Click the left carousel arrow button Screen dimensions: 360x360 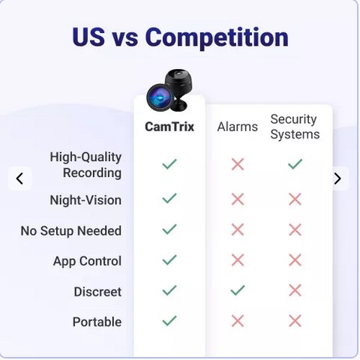pyautogui.click(x=20, y=178)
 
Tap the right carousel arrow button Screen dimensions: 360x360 pyautogui.click(x=337, y=178)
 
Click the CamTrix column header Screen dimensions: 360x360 pyautogui.click(x=169, y=127)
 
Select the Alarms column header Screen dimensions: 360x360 pyautogui.click(x=238, y=127)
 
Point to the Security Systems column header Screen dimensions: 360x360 pyautogui.click(x=295, y=127)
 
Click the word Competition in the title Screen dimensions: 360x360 pyautogui.click(x=217, y=37)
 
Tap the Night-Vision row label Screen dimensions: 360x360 pyautogui.click(x=85, y=200)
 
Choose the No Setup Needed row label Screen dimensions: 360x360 pyautogui.click(x=71, y=231)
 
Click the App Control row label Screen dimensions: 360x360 pyautogui.click(x=88, y=261)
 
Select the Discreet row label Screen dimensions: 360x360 pyautogui.click(x=97, y=292)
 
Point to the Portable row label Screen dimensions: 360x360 pyautogui.click(x=97, y=322)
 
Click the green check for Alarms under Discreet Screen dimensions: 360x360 pyautogui.click(x=238, y=290)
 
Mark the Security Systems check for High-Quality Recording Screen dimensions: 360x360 pyautogui.click(x=295, y=164)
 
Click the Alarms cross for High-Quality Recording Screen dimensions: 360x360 pyautogui.click(x=238, y=164)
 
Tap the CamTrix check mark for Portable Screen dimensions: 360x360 pyautogui.click(x=169, y=321)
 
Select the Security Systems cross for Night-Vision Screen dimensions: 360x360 pyautogui.click(x=295, y=199)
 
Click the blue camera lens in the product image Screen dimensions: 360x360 pyautogui.click(x=159, y=97)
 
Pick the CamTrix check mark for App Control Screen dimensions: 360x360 pyautogui.click(x=169, y=259)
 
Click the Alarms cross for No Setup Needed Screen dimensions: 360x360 pyautogui.click(x=238, y=229)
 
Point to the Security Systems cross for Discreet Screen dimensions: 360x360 pyautogui.click(x=295, y=290)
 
